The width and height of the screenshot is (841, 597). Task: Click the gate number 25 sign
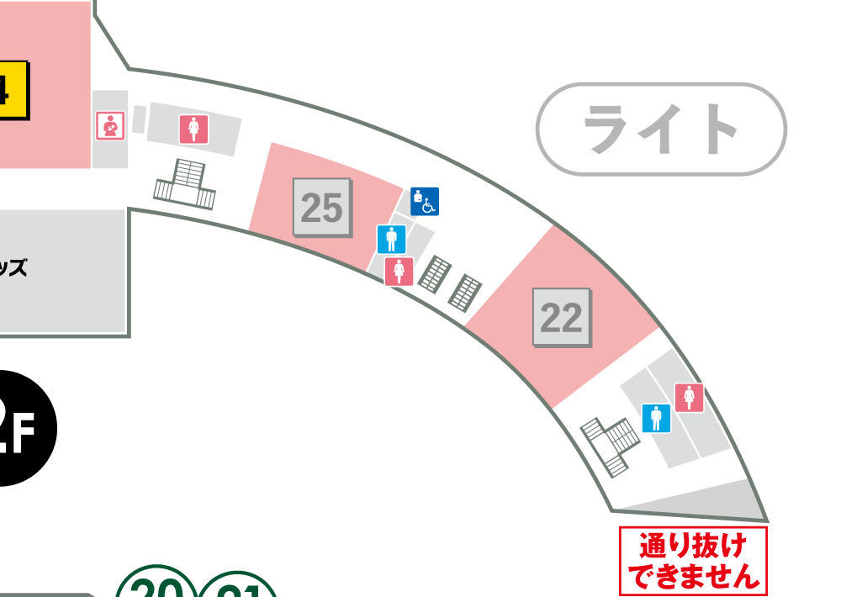[x=321, y=208]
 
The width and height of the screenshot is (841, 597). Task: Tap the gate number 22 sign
[x=562, y=318]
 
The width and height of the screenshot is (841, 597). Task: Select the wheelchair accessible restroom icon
[x=425, y=201]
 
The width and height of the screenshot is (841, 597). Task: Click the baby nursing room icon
[x=111, y=127]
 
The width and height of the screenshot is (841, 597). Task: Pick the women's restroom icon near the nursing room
[x=194, y=129]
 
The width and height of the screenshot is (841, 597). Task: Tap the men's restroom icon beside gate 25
[x=391, y=240]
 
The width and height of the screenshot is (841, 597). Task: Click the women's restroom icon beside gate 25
[x=399, y=272]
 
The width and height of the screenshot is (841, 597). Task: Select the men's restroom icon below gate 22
[x=657, y=418]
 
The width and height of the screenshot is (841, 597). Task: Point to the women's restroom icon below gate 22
[x=689, y=398]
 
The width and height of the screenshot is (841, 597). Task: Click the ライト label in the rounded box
[x=661, y=129]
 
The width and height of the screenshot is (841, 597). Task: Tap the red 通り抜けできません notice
[x=693, y=562]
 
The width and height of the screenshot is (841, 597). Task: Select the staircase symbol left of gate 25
[x=186, y=184]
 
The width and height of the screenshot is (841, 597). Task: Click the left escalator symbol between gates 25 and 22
[x=436, y=273]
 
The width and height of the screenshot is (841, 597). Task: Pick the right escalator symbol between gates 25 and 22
[x=464, y=292]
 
